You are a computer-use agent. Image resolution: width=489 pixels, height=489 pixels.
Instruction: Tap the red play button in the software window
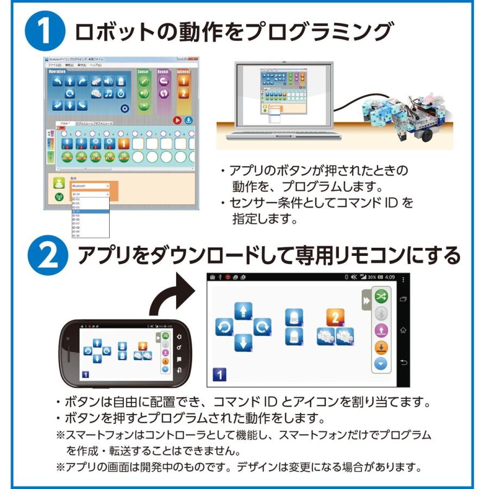coord(177,121)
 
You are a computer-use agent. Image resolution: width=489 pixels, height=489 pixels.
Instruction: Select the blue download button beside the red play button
coord(189,121)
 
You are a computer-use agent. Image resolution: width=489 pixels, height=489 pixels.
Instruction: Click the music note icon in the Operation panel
coord(109,93)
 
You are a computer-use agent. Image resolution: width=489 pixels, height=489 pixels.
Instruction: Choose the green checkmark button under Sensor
coord(144,81)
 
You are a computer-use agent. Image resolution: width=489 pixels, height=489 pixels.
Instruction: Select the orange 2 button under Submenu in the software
coord(184,93)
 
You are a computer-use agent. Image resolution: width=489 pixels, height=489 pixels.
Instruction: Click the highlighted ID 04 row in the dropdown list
coord(90,211)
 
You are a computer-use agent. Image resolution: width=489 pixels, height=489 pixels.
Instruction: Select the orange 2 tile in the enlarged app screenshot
coord(335,317)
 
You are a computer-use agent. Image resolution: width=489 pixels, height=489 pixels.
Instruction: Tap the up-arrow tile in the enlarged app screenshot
coord(243,310)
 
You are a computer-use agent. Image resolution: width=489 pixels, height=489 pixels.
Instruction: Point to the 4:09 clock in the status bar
coord(391,277)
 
